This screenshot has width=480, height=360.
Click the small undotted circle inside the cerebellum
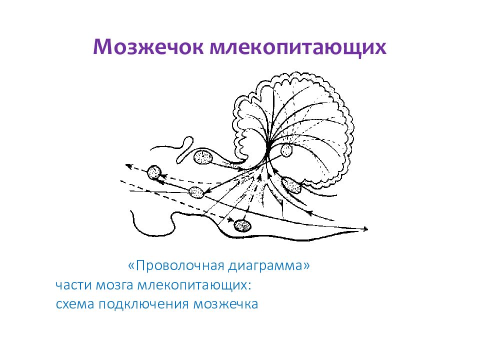[286, 150]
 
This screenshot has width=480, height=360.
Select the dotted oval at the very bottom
[243, 225]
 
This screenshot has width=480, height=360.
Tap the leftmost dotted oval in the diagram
[154, 173]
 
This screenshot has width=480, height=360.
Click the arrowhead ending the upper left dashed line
[127, 165]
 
